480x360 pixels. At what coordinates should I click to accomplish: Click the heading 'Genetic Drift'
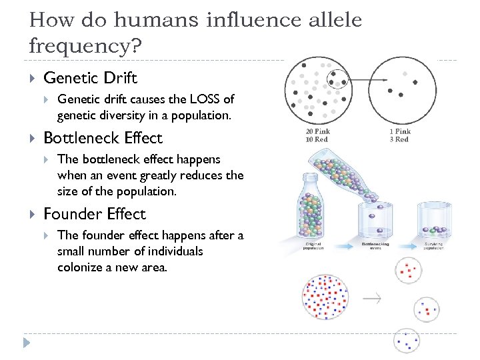90,78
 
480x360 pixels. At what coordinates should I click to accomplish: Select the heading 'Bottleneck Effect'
103,138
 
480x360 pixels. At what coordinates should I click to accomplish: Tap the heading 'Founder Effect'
94,214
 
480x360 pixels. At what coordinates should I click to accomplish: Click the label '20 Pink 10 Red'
317,135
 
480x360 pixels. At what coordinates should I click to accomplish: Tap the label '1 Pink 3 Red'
399,135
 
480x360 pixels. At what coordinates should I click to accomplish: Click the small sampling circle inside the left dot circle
339,81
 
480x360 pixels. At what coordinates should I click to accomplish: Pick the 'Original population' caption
313,246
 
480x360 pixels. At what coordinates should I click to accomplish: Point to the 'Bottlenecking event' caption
375,246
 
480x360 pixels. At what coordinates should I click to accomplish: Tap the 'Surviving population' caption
434,246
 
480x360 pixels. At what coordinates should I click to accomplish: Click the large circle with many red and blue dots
325,297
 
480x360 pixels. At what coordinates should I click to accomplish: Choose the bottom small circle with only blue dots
406,341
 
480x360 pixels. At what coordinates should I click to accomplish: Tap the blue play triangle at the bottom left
27,343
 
